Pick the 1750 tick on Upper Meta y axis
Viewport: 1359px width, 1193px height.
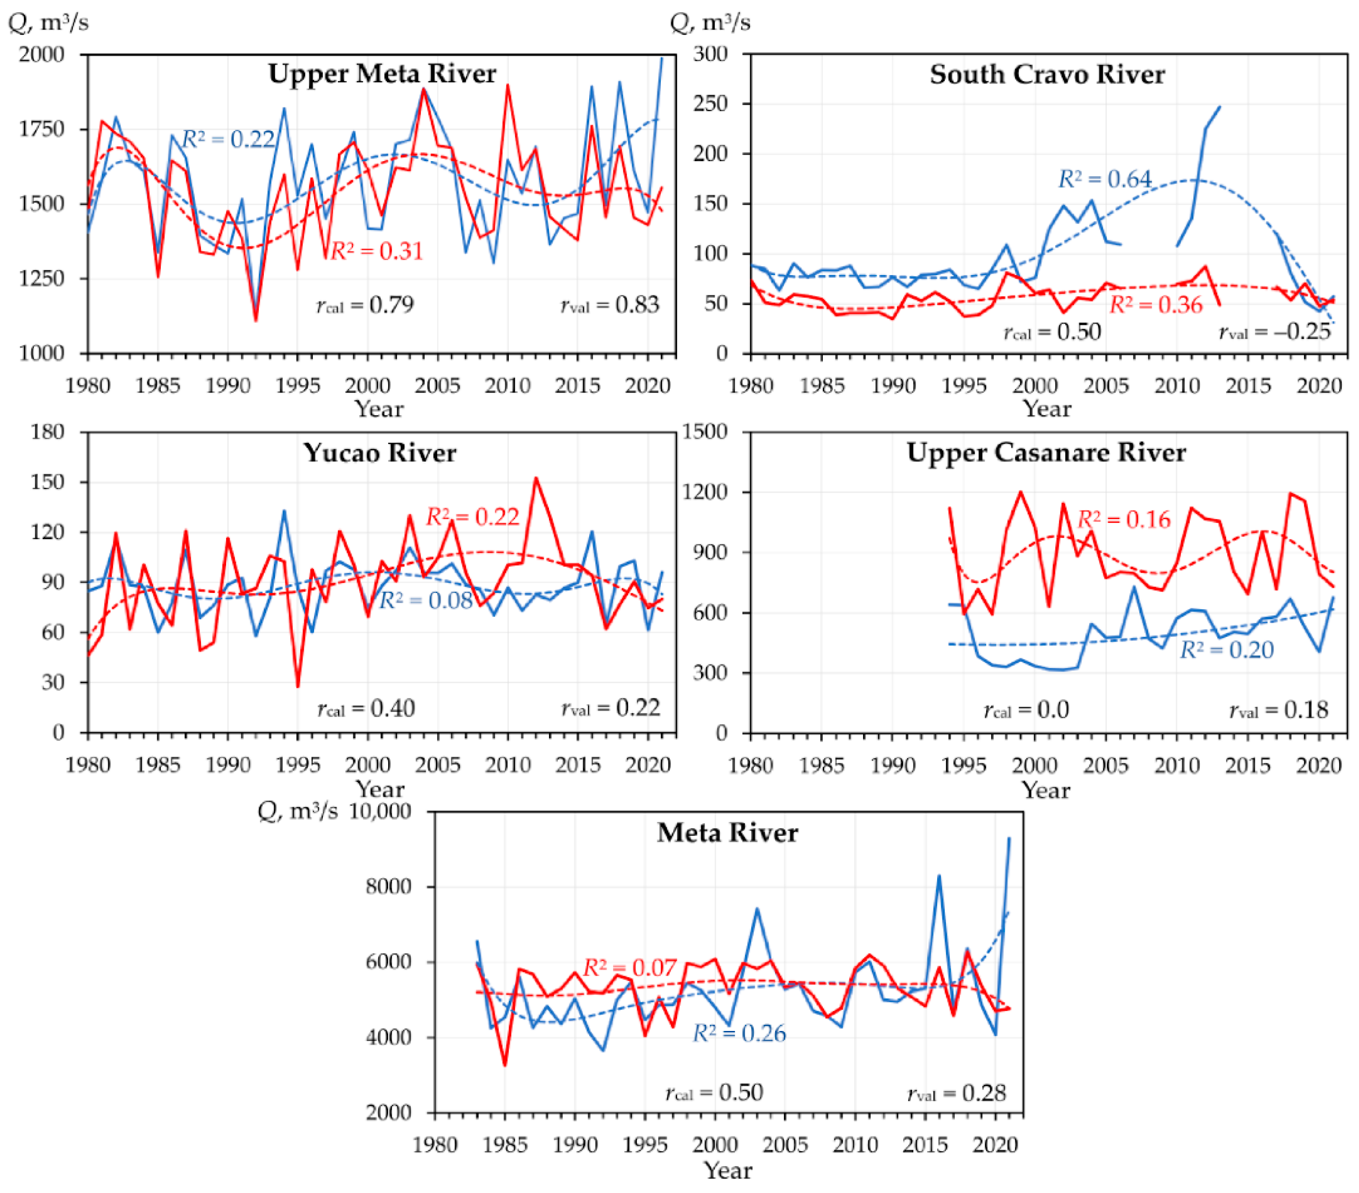click(x=41, y=128)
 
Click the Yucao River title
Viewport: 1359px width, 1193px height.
click(x=380, y=453)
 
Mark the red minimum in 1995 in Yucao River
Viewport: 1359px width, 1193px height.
click(x=298, y=687)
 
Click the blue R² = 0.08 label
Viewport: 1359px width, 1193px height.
click(x=425, y=600)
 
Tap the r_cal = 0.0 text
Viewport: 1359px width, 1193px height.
click(x=1026, y=710)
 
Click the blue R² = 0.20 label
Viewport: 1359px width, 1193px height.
click(x=1227, y=649)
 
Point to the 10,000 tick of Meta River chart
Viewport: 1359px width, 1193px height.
click(x=380, y=812)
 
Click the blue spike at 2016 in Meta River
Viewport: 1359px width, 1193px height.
click(x=939, y=876)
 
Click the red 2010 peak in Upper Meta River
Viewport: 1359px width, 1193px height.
click(x=508, y=85)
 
